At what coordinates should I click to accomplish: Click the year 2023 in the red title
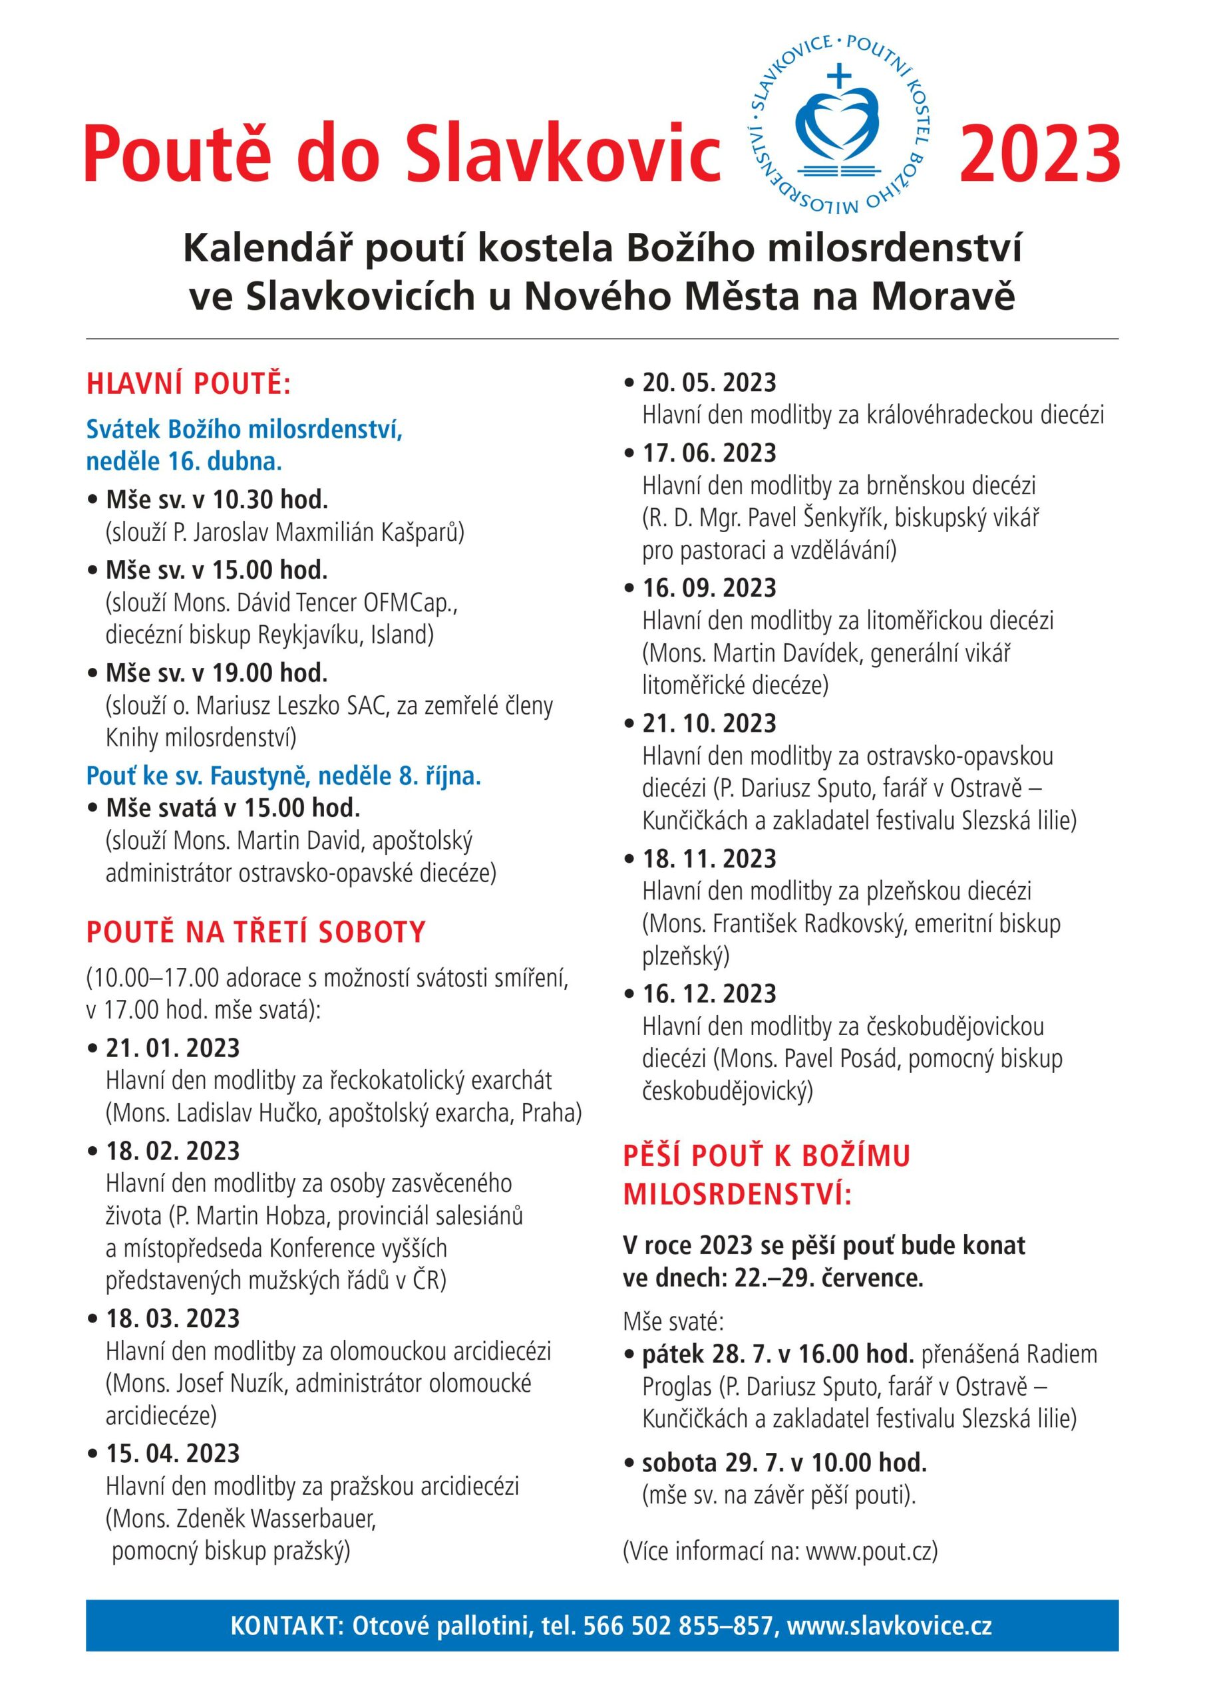pos(1039,154)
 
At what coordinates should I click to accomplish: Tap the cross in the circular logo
pos(839,76)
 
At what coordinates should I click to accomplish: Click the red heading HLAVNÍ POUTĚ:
pos(188,385)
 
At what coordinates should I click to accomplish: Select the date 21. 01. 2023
pos(173,1048)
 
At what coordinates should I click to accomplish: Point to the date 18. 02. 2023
pos(173,1151)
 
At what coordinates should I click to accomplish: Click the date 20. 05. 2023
pos(709,383)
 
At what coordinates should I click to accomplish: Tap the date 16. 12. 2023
pos(709,993)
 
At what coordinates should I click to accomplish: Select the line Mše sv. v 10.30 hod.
pos(217,500)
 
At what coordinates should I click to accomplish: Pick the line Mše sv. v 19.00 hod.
pos(217,673)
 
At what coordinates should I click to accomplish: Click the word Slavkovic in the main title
pos(565,154)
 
